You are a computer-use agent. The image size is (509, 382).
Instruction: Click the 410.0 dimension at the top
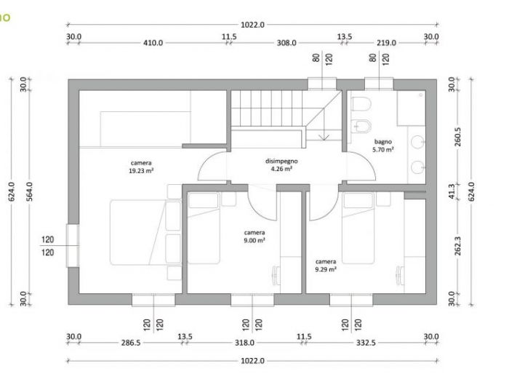pos(153,43)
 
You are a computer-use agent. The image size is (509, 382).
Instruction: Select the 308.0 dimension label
pos(286,43)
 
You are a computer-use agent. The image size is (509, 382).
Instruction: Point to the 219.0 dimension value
pos(386,43)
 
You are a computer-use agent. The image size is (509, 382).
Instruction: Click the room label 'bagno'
pos(383,141)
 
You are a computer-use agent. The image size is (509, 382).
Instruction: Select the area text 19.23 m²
pos(141,170)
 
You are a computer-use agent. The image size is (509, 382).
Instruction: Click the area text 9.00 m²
pos(254,239)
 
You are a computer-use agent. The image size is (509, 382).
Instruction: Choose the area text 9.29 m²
pos(325,268)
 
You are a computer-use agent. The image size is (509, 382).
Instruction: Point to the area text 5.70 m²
pos(383,149)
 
